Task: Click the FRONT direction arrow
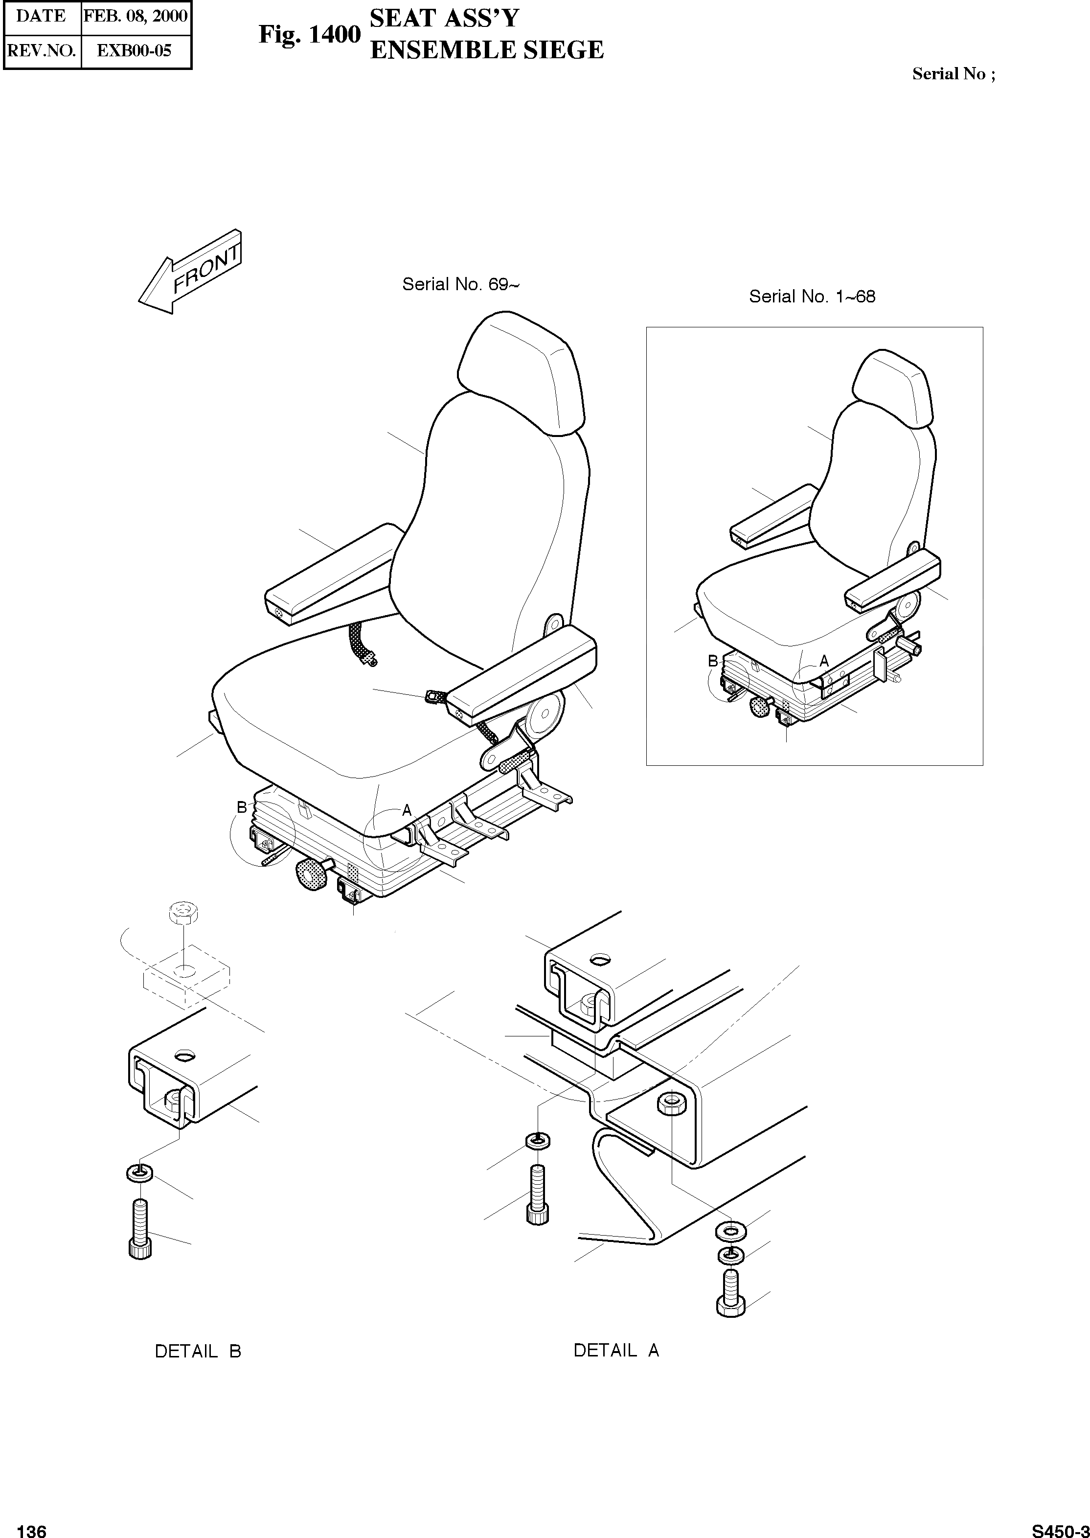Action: tap(190, 272)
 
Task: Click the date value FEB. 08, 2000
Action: tap(135, 16)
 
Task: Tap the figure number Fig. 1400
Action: tap(309, 34)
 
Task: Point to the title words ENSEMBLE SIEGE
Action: tap(487, 50)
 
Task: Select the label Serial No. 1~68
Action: tap(812, 296)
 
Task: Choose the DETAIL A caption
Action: tap(616, 1350)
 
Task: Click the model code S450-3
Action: tap(1059, 1526)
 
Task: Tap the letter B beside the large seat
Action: tap(242, 807)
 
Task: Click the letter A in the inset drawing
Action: tap(824, 661)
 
